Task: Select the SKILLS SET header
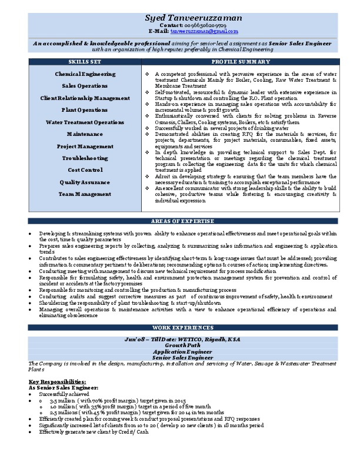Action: tap(85, 62)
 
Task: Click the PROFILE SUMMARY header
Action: tap(241, 62)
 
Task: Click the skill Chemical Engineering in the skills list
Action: tap(85, 74)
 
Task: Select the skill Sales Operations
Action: tap(85, 86)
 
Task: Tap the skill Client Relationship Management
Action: tap(85, 98)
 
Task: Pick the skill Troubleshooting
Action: tap(85, 158)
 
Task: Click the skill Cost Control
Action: tap(85, 170)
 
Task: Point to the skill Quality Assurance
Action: tap(85, 182)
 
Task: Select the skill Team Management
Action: tap(85, 194)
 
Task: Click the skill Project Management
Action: tap(85, 146)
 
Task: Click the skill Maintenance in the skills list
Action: tap(85, 134)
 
